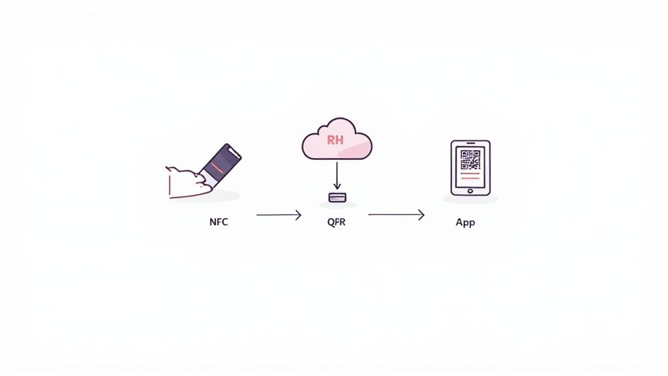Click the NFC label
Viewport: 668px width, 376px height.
219,221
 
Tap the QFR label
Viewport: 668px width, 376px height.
336,221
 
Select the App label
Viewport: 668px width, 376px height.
465,222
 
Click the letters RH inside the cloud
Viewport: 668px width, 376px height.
335,139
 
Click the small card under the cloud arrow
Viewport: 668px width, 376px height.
337,196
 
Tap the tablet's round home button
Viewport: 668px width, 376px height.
470,191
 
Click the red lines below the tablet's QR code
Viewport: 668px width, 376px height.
470,176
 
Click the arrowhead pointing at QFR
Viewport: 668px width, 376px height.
298,214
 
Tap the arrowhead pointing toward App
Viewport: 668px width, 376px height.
421,214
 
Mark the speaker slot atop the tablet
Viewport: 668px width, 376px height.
470,144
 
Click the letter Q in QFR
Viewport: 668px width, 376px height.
330,221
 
